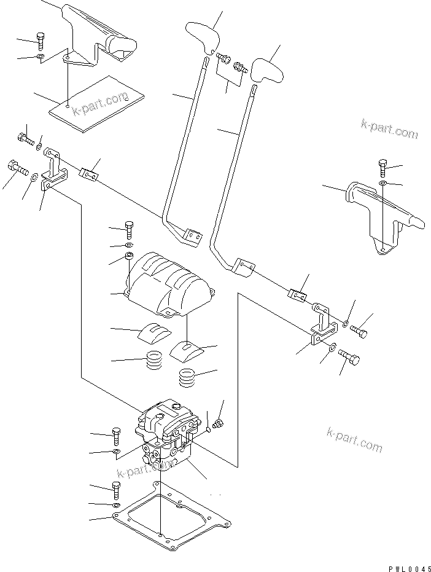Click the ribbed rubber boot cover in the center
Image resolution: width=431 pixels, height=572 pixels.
click(170, 284)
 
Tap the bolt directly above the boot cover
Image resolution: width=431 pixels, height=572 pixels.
click(129, 230)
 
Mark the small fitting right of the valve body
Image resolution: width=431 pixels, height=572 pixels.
click(217, 424)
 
